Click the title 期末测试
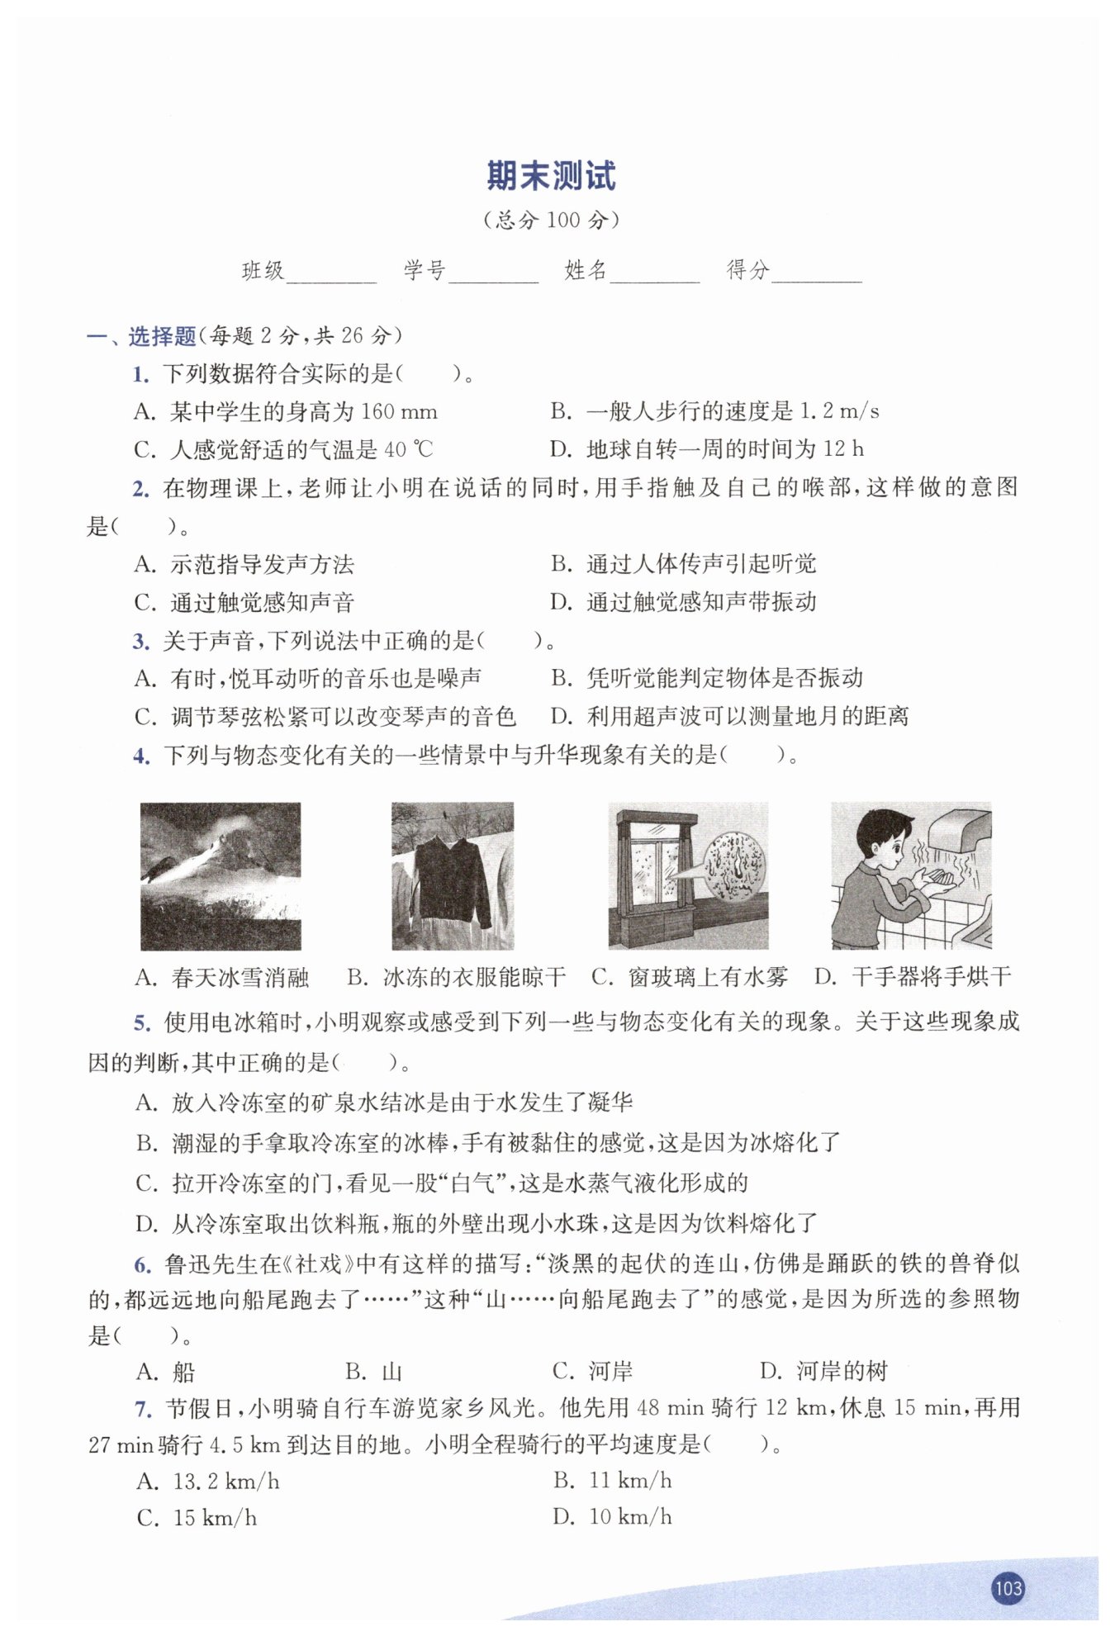point(551,176)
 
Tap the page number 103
point(1008,1587)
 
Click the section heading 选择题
point(162,336)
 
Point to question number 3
point(141,642)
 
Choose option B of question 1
point(714,411)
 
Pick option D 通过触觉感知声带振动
point(684,602)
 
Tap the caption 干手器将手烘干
point(913,978)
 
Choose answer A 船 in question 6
point(167,1372)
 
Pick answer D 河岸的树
point(824,1372)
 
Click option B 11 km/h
point(613,1480)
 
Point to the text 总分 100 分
point(551,220)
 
